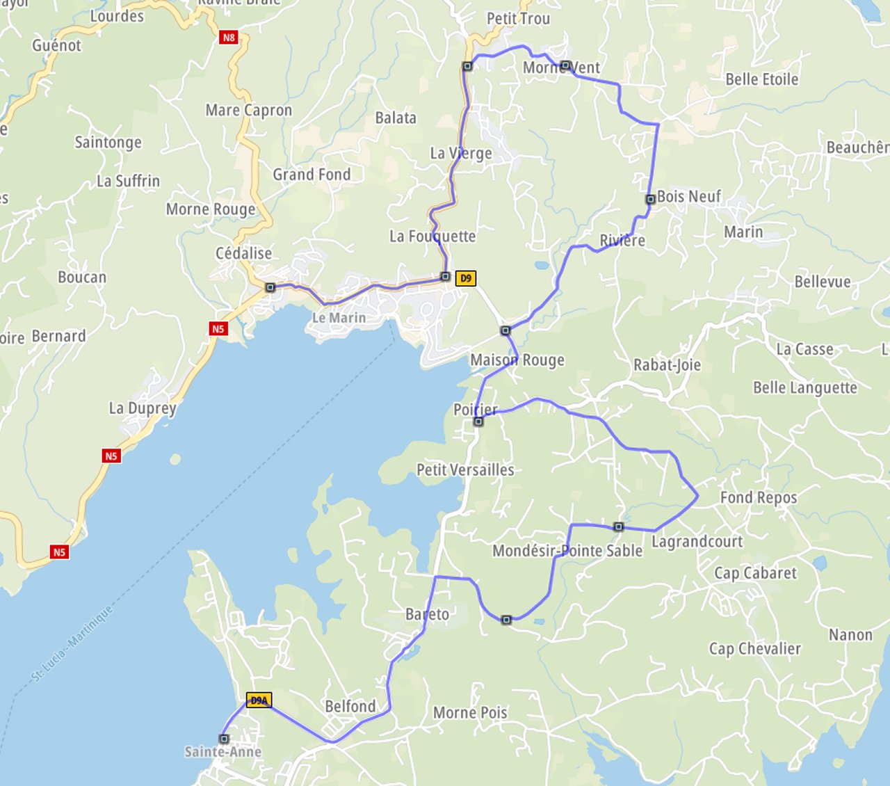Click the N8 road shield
[229, 38]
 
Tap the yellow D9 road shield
[465, 278]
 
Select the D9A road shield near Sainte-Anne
[259, 700]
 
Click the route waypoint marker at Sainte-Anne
[224, 739]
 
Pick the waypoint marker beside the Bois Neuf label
[650, 199]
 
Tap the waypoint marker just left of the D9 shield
[446, 277]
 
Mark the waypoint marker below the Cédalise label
[270, 287]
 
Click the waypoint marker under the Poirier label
[478, 422]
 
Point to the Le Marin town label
[339, 318]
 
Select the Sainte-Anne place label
[222, 752]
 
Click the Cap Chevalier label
[754, 649]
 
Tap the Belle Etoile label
[761, 79]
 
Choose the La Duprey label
[143, 408]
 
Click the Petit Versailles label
[465, 470]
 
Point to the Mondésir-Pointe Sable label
[567, 551]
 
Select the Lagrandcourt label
[697, 541]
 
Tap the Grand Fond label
[311, 175]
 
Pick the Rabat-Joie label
[667, 365]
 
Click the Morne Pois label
[470, 713]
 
